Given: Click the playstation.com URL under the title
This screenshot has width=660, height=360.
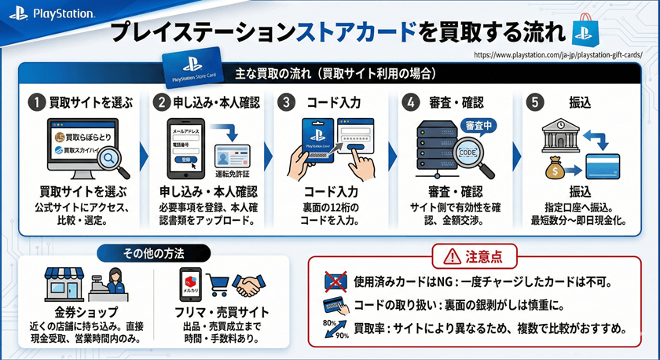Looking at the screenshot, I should (x=559, y=55).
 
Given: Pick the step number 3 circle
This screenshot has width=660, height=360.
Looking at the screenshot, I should (x=288, y=103).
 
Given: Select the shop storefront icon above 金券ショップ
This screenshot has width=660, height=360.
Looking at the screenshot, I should (x=61, y=282).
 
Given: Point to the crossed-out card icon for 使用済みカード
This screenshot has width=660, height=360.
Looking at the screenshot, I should (x=335, y=280).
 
